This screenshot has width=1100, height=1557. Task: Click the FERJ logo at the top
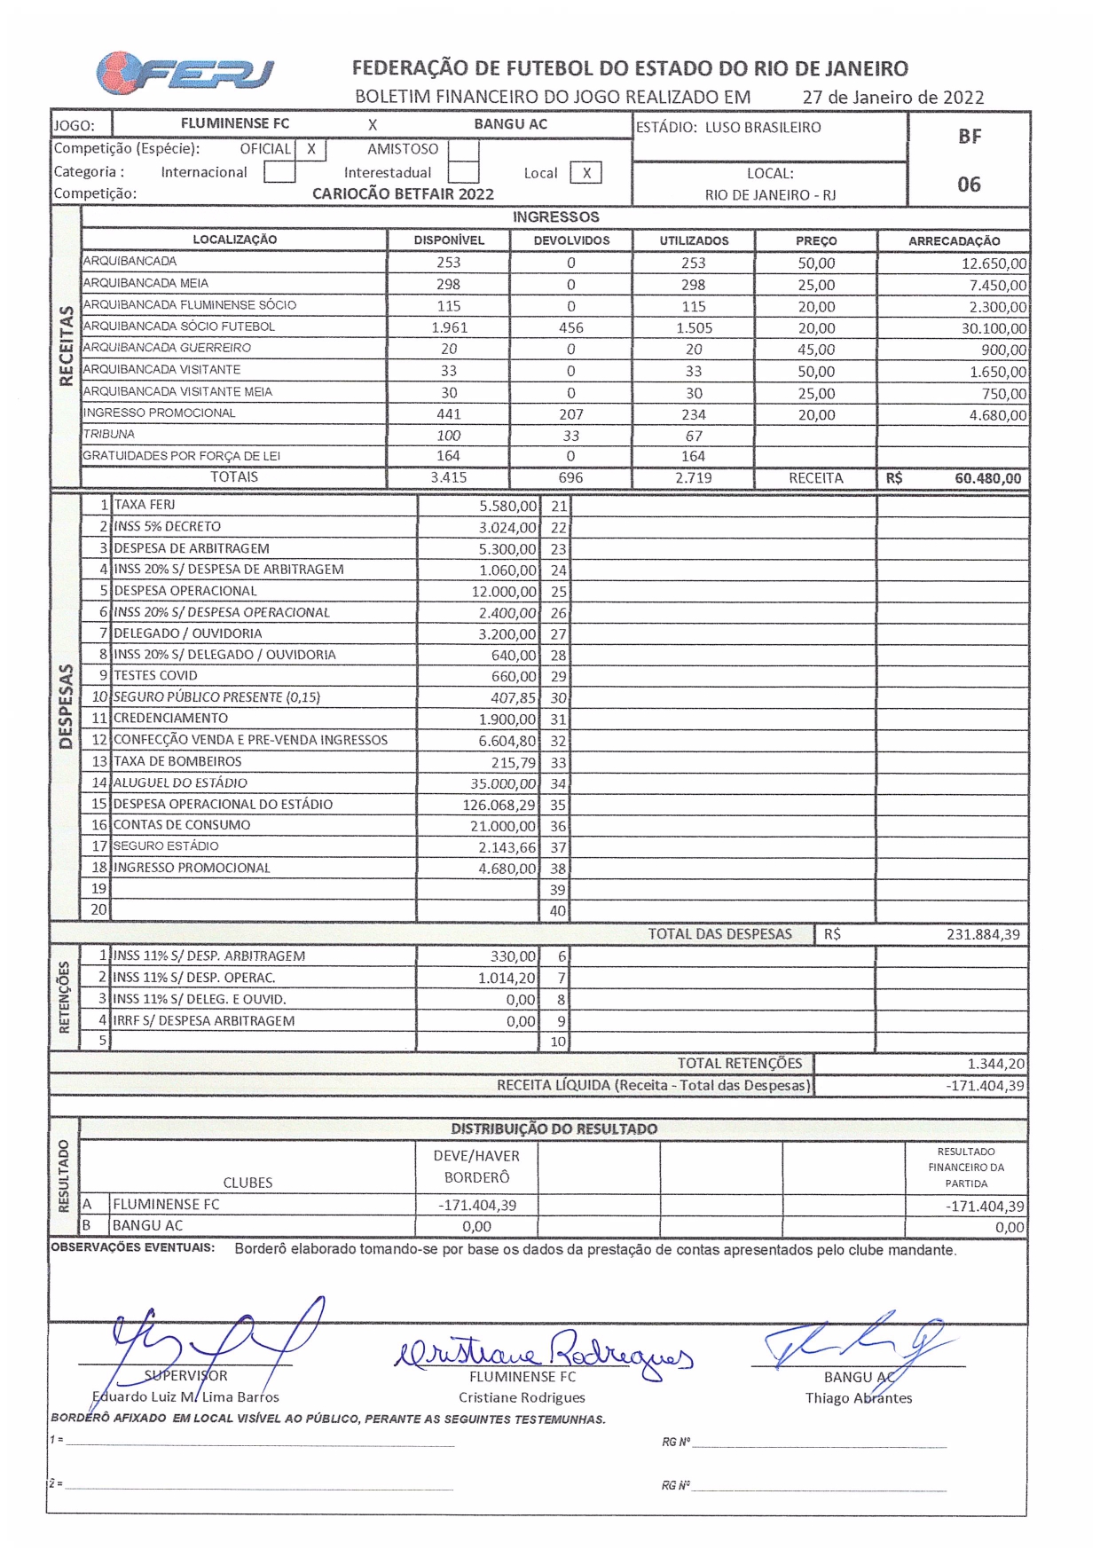(185, 73)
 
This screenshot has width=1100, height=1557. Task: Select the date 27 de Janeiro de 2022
(892, 98)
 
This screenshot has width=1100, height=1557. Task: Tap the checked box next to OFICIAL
(310, 149)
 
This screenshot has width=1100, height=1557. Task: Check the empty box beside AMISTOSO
(463, 150)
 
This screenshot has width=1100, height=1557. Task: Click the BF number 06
(969, 185)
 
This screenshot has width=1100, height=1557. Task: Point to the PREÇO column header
(816, 240)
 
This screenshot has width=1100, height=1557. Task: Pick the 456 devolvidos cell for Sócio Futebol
(570, 327)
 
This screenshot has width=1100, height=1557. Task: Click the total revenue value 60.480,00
(987, 478)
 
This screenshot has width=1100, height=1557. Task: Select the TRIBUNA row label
(109, 435)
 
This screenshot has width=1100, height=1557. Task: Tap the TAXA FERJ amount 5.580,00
(507, 506)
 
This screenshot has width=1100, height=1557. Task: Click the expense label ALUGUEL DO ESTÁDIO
(180, 782)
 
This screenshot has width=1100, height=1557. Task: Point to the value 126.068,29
(499, 805)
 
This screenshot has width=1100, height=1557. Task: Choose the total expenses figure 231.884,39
(982, 934)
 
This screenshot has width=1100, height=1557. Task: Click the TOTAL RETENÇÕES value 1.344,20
(995, 1064)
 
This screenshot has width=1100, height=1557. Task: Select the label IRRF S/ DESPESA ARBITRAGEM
(204, 1020)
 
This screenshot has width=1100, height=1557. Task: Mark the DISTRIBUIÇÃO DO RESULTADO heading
(554, 1128)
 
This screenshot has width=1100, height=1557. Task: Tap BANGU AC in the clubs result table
(148, 1225)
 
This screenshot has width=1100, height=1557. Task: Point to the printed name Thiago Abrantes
(858, 1398)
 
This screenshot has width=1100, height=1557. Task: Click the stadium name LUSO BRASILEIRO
(763, 128)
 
